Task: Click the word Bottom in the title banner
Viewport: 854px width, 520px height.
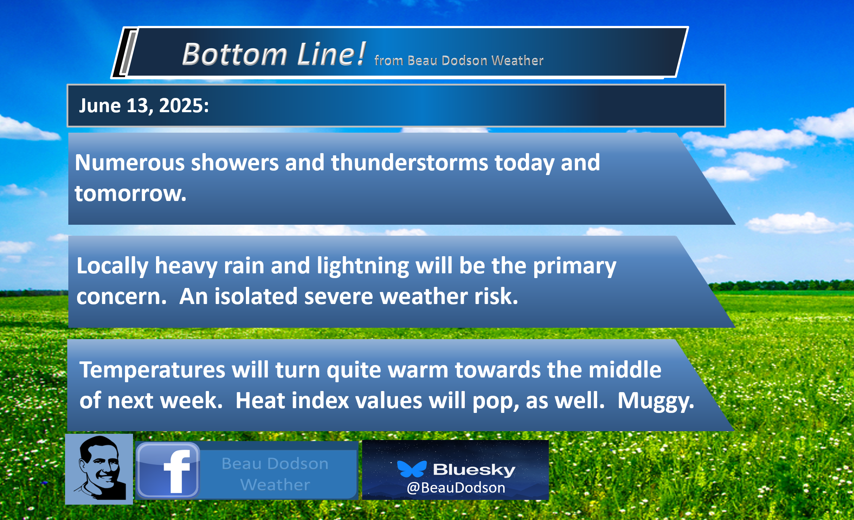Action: pyautogui.click(x=235, y=54)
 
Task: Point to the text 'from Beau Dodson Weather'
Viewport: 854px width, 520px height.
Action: pyautogui.click(x=459, y=60)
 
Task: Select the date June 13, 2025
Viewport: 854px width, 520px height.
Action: pyautogui.click(x=144, y=106)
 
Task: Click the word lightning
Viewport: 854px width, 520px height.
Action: pyautogui.click(x=363, y=266)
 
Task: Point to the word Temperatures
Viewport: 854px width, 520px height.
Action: pyautogui.click(x=152, y=370)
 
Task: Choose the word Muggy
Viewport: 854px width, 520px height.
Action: pyautogui.click(x=656, y=401)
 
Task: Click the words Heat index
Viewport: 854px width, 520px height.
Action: pyautogui.click(x=292, y=401)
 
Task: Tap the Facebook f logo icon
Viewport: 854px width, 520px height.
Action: pyautogui.click(x=168, y=470)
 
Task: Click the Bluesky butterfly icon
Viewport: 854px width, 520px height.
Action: pyautogui.click(x=412, y=469)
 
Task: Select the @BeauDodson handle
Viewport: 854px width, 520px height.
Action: pyautogui.click(x=456, y=488)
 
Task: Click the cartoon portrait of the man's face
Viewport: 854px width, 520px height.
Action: pyautogui.click(x=99, y=469)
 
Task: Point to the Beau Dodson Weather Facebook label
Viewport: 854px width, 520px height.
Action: pyautogui.click(x=275, y=474)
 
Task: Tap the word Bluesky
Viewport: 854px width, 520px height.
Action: pyautogui.click(x=474, y=470)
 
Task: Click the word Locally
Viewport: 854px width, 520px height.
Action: pyautogui.click(x=112, y=266)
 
